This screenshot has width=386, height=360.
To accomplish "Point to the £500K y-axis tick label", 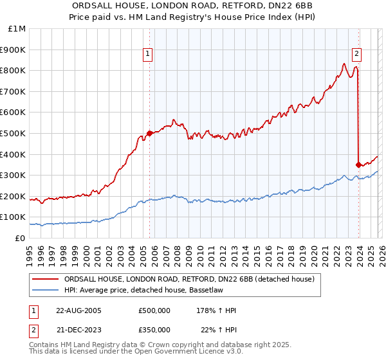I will (x=14, y=134).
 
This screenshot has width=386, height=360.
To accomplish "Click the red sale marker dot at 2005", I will (x=150, y=134).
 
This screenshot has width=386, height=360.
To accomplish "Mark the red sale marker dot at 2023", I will (x=358, y=165).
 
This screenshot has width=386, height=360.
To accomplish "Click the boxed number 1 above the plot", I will (x=148, y=55).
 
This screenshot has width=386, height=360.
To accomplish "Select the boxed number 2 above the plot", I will (x=356, y=55).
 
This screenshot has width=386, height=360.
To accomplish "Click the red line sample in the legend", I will (x=45, y=279).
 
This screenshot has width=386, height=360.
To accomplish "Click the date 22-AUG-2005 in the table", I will (x=79, y=310).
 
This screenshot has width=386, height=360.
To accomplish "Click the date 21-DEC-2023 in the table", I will (x=79, y=329).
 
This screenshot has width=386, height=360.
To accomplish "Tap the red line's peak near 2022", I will (x=344, y=63).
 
